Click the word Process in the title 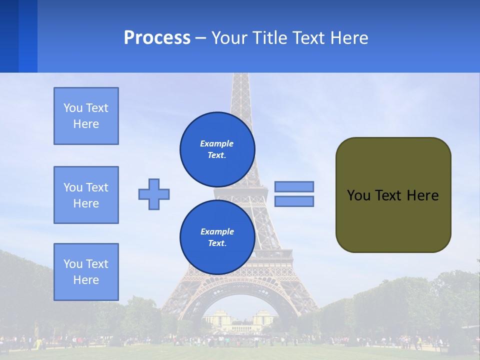point(157,38)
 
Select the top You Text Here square point(86,116)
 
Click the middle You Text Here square point(86,195)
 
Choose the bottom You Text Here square point(86,272)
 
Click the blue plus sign point(154,194)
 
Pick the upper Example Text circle point(217,149)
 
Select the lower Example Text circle point(217,237)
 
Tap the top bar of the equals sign point(294,186)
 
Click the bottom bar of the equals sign point(294,201)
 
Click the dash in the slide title point(200,38)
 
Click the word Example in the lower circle point(217,231)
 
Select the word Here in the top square point(86,124)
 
